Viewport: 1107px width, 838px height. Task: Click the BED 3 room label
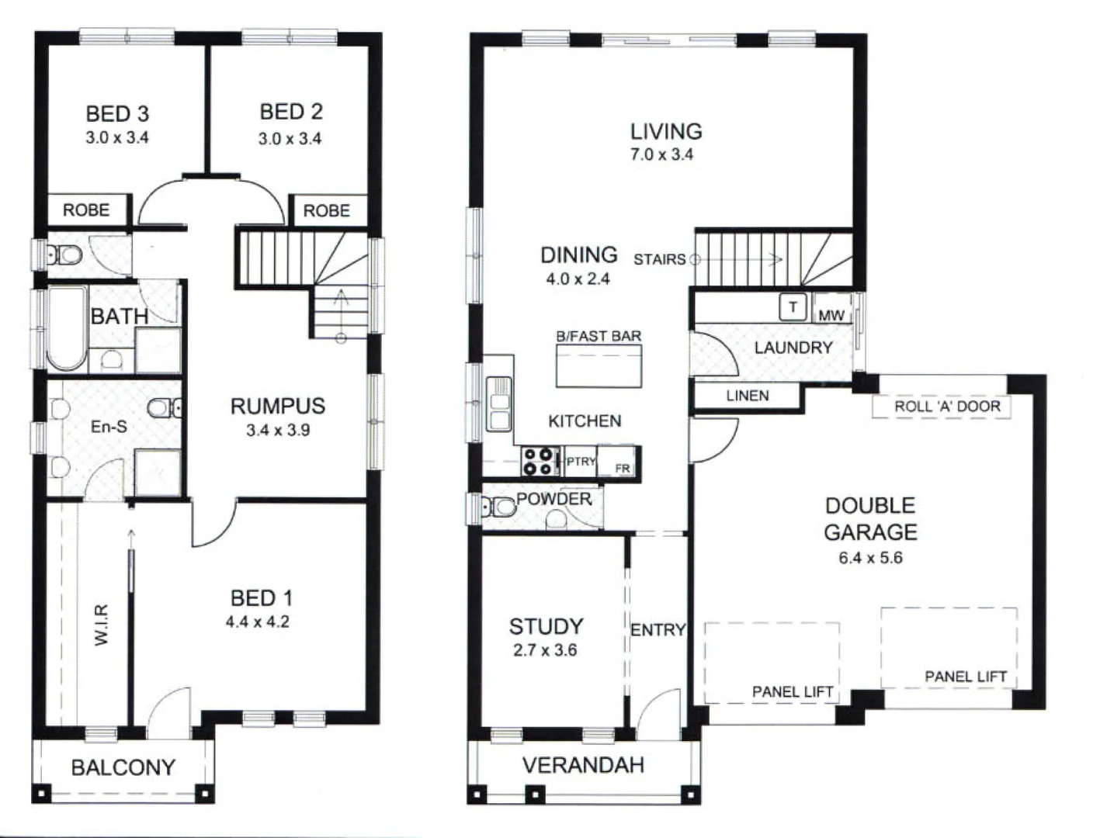tap(117, 114)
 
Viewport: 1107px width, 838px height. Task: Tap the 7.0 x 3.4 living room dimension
tap(661, 154)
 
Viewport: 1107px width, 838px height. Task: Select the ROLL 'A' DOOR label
tap(946, 407)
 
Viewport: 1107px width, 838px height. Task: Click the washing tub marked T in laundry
tap(793, 307)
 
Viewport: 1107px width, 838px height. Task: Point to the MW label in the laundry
tap(831, 315)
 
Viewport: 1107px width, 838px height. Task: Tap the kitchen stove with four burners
tap(537, 461)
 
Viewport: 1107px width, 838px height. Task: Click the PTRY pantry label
tap(580, 461)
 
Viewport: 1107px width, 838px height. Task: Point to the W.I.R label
tap(102, 625)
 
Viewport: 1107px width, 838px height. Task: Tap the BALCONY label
tap(123, 767)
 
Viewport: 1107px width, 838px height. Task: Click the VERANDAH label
tap(583, 765)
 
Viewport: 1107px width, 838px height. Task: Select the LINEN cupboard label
tap(747, 396)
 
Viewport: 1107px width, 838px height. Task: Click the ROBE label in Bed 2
tap(326, 211)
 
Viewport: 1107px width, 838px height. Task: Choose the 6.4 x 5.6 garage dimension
tap(870, 558)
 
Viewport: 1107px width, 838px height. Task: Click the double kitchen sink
tap(499, 403)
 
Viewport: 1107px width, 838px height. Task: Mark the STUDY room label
tap(546, 626)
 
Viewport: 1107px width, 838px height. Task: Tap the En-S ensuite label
tap(109, 427)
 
